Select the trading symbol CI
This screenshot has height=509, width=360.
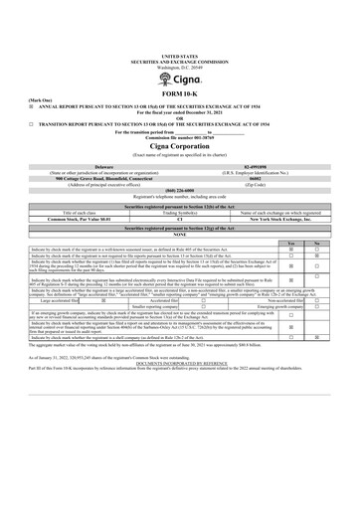pyautogui.click(x=179, y=218)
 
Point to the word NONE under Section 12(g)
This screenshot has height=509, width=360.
pyautogui.click(x=179, y=234)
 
